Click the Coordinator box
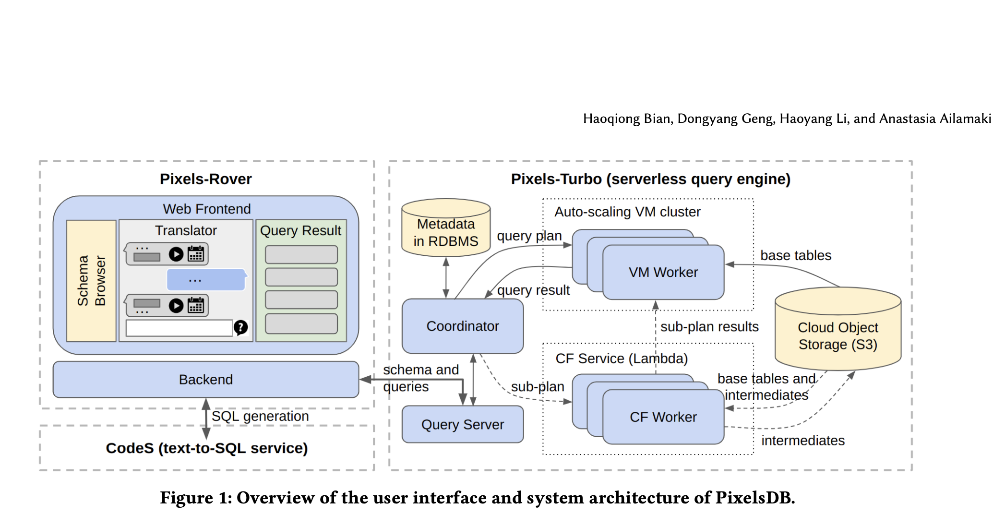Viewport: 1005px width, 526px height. point(462,326)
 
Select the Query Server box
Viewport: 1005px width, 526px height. point(462,424)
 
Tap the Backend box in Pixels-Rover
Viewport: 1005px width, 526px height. point(205,379)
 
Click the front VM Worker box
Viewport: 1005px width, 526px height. point(663,272)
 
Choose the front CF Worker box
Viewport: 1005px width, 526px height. point(663,417)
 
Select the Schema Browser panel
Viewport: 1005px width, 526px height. point(91,281)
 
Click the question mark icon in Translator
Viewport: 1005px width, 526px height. point(240,327)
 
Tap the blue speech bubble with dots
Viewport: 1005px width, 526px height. point(206,279)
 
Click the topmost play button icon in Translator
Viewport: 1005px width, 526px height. point(176,254)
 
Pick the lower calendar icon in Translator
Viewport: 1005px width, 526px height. point(196,305)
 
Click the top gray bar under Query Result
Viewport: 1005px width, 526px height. point(301,254)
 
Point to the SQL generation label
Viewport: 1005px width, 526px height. point(260,416)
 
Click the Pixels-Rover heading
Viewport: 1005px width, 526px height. point(205,179)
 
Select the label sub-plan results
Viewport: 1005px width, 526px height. point(709,327)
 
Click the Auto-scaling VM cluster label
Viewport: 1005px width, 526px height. point(627,212)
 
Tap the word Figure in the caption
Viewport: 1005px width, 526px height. point(186,498)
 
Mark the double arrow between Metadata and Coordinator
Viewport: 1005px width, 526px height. point(446,277)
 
